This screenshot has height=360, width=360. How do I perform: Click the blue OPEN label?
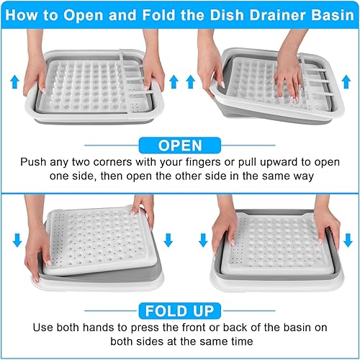[x=180, y=145]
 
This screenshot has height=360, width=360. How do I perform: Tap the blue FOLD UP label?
[x=180, y=311]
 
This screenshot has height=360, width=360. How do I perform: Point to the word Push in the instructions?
[x=34, y=163]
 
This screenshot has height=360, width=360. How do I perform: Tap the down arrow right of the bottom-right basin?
[x=347, y=240]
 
